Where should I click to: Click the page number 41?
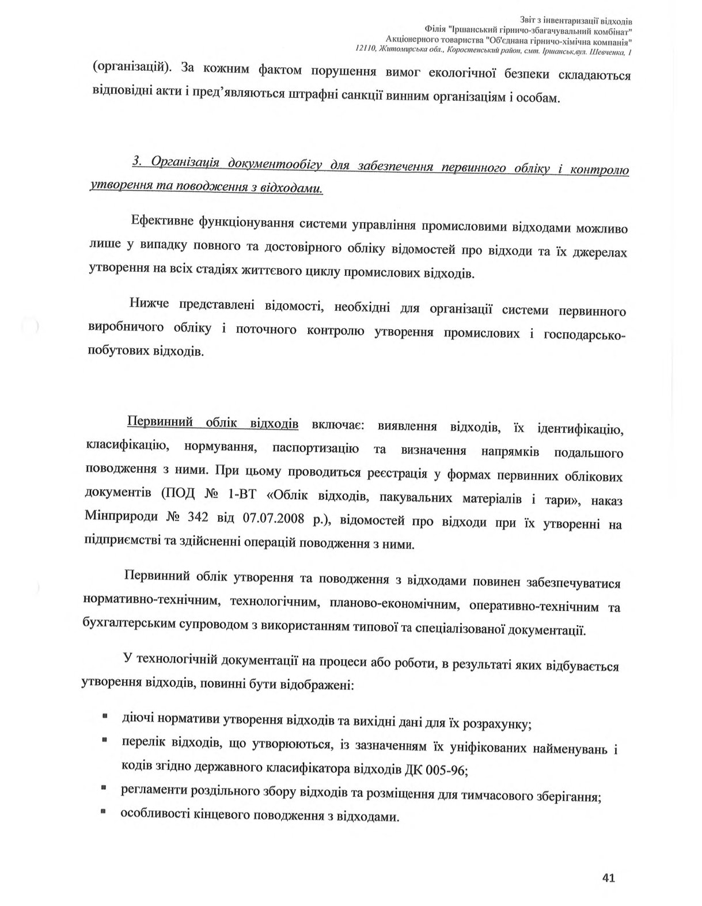pyautogui.click(x=608, y=878)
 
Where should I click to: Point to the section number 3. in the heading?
pyautogui.click(x=137, y=162)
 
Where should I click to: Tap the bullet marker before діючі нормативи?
pyautogui.click(x=105, y=717)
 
